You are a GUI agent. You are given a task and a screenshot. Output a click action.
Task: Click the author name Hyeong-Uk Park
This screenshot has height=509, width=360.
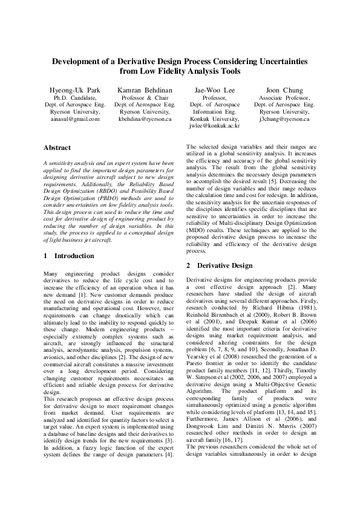pos(75,89)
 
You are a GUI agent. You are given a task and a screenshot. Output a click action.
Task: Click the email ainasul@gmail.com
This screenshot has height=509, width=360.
pos(75,120)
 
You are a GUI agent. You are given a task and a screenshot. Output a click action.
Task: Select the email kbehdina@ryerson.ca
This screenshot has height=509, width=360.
pos(145,120)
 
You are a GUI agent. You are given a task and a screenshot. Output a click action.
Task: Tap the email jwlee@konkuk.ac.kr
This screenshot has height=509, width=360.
pos(214,127)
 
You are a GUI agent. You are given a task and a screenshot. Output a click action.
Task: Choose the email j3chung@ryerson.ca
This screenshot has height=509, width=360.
pos(284,120)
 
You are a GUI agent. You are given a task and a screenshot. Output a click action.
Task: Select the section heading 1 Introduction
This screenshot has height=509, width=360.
pos(70,256)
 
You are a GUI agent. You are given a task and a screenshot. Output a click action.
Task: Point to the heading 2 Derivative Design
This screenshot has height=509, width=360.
pos(219,265)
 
